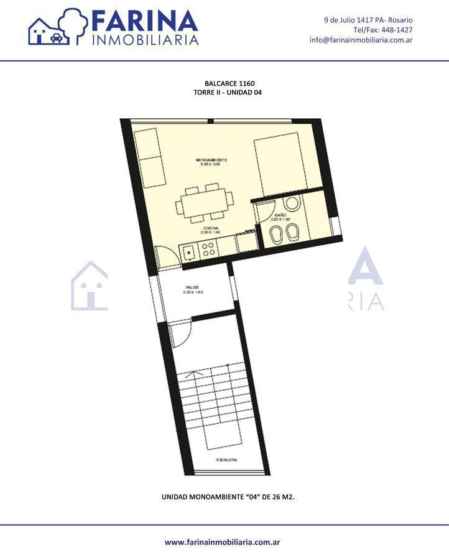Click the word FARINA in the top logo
click(x=145, y=22)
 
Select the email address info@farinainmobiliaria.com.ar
click(x=361, y=40)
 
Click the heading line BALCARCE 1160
click(x=229, y=83)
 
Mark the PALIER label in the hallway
click(x=192, y=287)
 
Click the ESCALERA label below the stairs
click(x=226, y=460)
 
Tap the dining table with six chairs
click(x=205, y=202)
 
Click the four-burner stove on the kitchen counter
click(x=208, y=250)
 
